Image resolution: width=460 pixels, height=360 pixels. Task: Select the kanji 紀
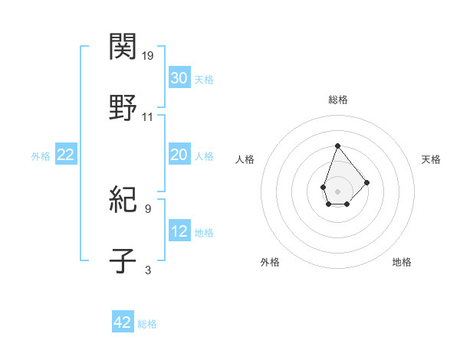click(x=123, y=201)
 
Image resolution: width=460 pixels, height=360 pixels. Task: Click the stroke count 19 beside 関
click(x=149, y=55)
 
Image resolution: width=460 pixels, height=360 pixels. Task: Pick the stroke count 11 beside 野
click(x=148, y=117)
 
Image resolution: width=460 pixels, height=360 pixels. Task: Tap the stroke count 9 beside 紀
click(x=147, y=208)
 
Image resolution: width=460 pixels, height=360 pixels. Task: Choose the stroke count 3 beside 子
click(x=147, y=270)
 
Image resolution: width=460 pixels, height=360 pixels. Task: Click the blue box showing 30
click(x=179, y=78)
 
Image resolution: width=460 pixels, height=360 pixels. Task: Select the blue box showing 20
click(x=179, y=155)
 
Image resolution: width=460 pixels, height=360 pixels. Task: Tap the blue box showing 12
click(x=179, y=231)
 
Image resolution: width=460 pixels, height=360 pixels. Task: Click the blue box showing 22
click(x=65, y=155)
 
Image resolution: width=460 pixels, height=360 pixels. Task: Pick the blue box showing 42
click(x=123, y=322)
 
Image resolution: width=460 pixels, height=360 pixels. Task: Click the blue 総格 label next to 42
click(x=147, y=324)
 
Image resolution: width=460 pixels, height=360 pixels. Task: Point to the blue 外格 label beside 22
click(x=41, y=156)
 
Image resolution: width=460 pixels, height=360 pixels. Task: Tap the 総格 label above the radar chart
click(x=337, y=100)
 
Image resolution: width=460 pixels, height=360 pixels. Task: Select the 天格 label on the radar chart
click(x=431, y=159)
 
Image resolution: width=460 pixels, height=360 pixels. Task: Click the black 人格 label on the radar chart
click(x=245, y=159)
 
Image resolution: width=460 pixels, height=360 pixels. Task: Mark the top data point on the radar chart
click(x=337, y=146)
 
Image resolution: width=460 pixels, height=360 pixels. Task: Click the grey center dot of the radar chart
click(x=337, y=190)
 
